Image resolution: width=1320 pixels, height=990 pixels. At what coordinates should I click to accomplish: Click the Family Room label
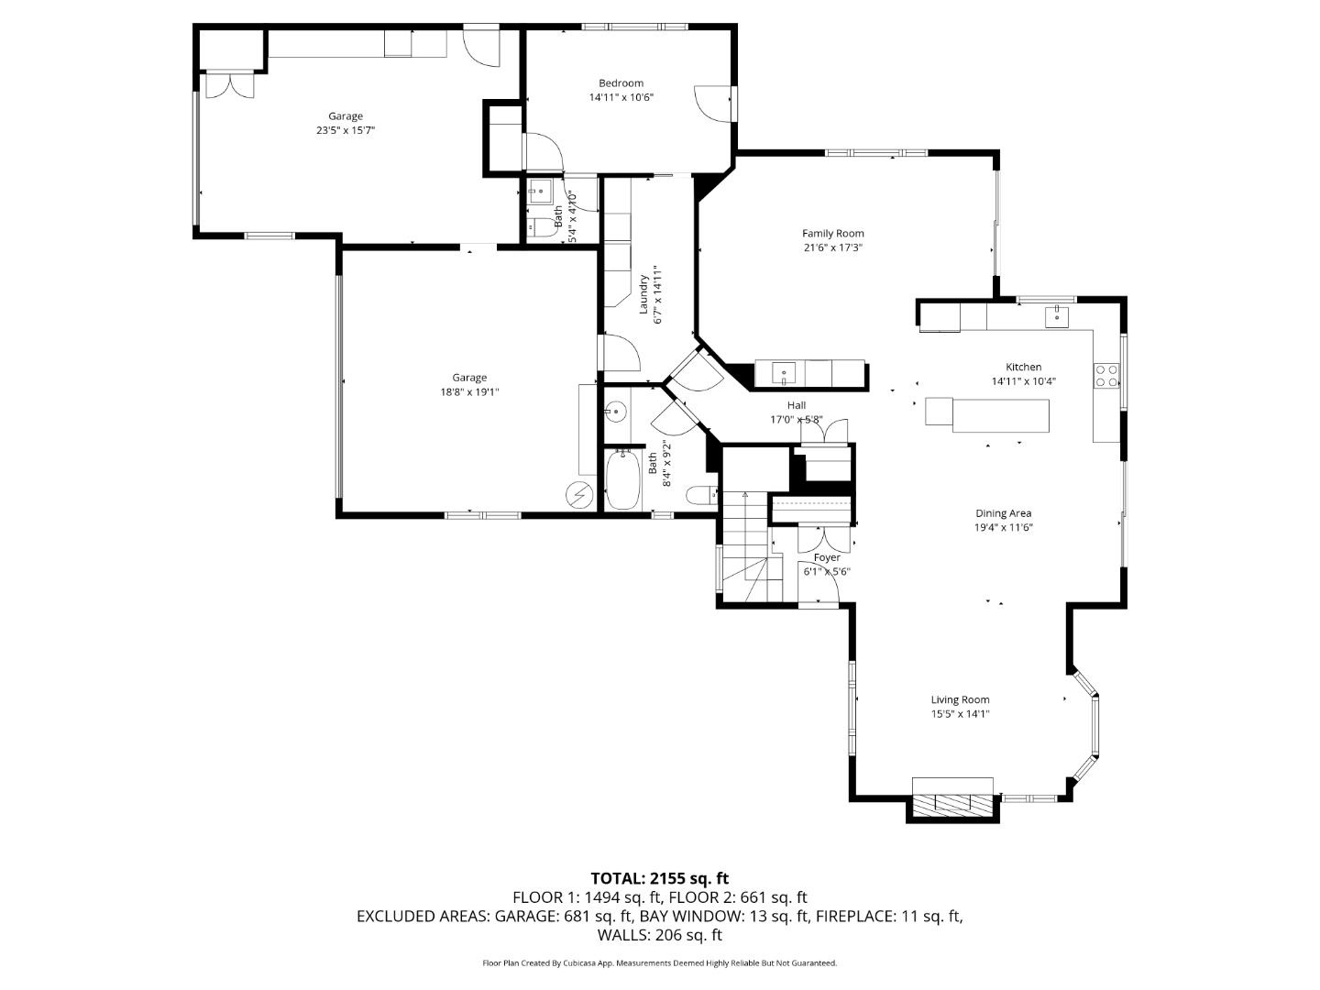(x=832, y=234)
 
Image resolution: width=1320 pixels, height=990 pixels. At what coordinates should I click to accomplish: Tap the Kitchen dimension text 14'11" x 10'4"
(x=1023, y=381)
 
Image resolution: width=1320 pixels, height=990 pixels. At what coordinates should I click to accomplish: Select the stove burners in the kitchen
(x=1106, y=375)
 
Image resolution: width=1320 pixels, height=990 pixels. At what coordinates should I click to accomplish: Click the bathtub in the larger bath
(x=623, y=479)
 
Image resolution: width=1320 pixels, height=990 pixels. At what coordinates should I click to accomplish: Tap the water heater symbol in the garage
(x=579, y=495)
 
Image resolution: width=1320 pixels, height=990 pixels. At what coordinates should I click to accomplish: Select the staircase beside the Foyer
(x=746, y=550)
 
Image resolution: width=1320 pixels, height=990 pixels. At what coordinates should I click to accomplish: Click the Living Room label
(x=960, y=700)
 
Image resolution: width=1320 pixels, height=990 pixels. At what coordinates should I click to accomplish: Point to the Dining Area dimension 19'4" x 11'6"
(x=1003, y=528)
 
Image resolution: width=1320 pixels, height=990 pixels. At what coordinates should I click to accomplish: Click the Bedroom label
(x=621, y=83)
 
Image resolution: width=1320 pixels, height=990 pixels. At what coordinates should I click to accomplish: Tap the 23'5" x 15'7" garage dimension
(x=346, y=130)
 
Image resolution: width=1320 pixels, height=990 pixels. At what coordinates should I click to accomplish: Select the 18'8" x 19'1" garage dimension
(x=469, y=391)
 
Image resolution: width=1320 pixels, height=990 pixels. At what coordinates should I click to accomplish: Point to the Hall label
(x=796, y=405)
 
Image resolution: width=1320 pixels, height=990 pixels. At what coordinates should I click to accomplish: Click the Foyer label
(x=827, y=557)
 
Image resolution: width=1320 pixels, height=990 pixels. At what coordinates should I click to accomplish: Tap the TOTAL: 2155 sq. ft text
(x=659, y=878)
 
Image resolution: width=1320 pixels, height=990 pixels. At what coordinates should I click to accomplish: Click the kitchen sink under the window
(x=1058, y=316)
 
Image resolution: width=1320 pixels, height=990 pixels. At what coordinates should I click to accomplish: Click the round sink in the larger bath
(x=615, y=412)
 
